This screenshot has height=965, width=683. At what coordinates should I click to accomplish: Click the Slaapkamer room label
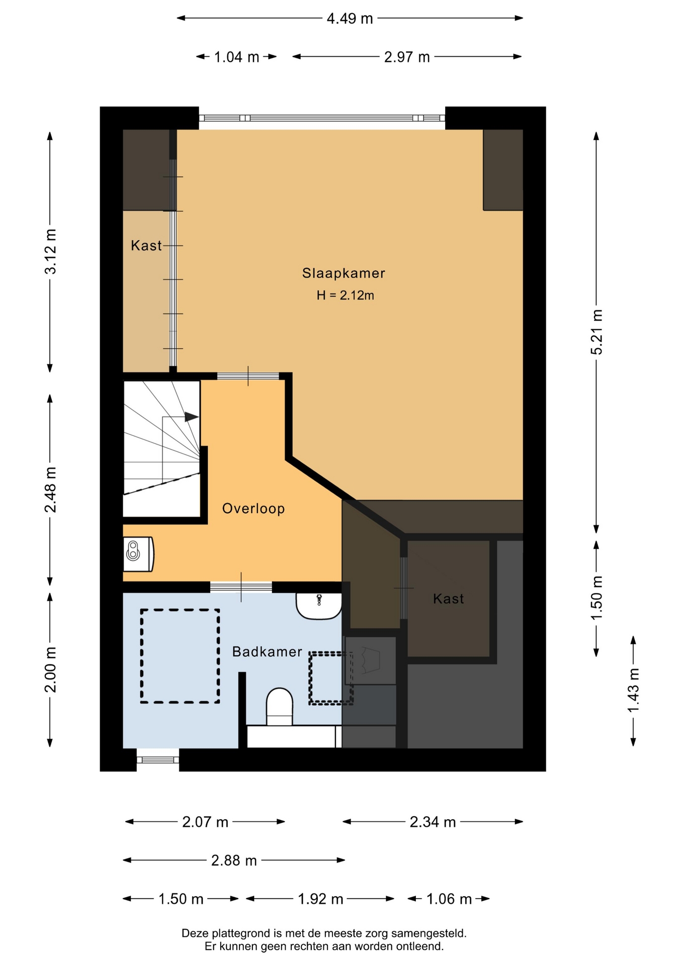(344, 273)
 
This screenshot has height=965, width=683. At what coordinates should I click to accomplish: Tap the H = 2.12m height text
(345, 296)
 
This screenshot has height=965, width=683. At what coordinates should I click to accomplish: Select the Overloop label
(253, 509)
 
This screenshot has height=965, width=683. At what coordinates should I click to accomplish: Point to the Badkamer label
(267, 652)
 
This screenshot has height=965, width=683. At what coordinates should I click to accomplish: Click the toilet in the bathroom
(279, 707)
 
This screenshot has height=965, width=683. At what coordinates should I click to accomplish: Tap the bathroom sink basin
(319, 606)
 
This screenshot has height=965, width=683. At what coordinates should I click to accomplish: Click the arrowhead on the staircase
(192, 417)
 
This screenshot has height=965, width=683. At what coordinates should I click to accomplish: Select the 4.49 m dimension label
(350, 19)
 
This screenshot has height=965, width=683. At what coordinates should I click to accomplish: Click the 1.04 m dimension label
(236, 57)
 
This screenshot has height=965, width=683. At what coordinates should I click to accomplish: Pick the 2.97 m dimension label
(407, 57)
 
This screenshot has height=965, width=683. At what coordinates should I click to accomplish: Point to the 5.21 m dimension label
(596, 332)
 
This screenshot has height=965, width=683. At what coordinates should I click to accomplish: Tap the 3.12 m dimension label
(51, 251)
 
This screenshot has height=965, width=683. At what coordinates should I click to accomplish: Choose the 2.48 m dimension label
(51, 490)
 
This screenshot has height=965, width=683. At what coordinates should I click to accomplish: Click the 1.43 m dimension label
(633, 690)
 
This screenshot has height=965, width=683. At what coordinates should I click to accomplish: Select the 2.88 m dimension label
(234, 861)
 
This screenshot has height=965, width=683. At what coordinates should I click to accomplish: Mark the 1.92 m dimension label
(320, 899)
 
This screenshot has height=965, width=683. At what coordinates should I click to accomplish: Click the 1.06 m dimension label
(449, 899)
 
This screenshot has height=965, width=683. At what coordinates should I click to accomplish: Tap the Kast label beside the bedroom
(146, 246)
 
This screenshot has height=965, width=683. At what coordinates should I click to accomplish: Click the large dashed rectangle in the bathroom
(141, 656)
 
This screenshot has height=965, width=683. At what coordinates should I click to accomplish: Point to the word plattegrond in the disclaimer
(240, 934)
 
